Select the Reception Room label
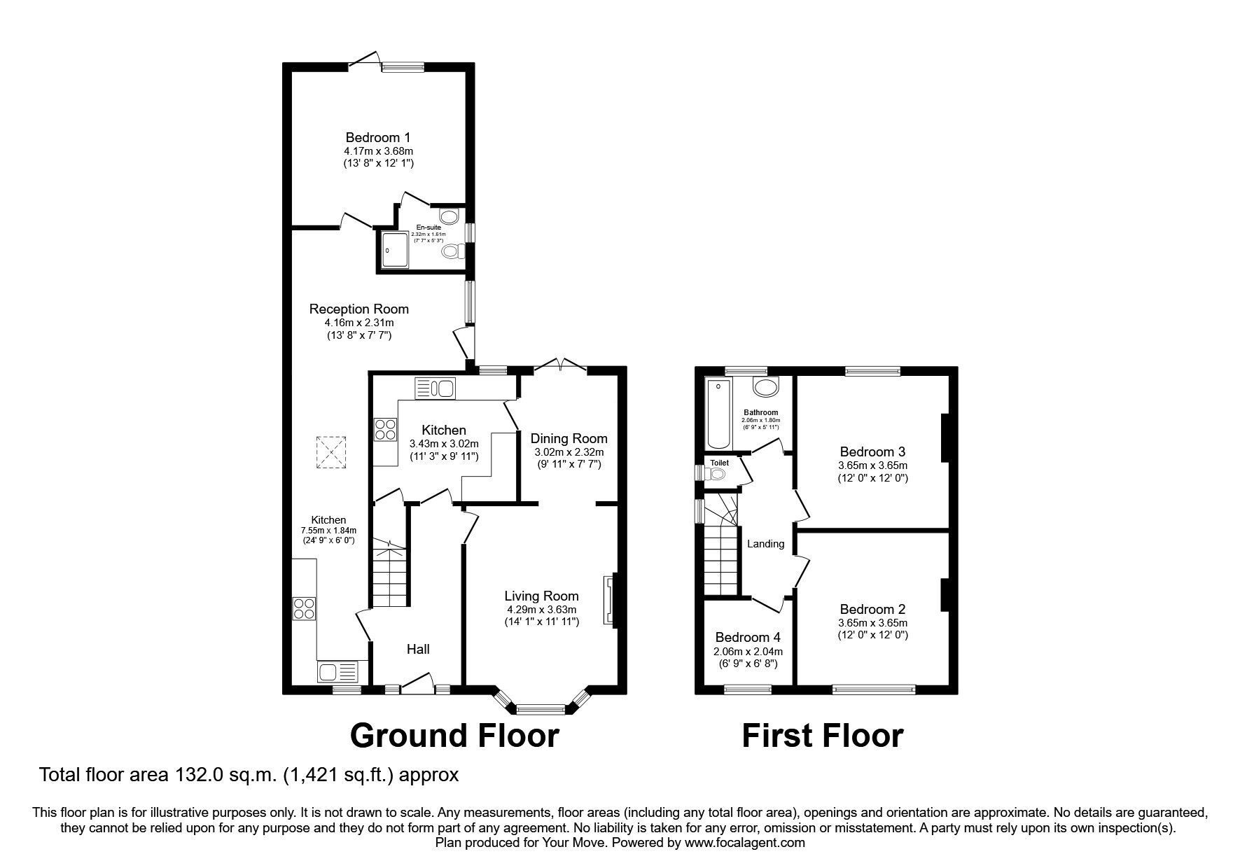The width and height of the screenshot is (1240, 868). coord(358,309)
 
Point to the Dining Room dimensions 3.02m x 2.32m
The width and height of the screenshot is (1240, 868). coord(568,452)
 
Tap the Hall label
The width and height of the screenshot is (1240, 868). coord(418,649)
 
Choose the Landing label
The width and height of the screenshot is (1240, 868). coord(765,543)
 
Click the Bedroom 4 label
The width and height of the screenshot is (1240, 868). coord(747,637)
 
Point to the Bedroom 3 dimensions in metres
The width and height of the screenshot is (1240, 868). coord(872,465)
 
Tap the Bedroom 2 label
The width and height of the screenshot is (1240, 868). coord(872,609)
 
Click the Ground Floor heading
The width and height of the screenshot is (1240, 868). coord(454,736)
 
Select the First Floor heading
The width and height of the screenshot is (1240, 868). coord(822,736)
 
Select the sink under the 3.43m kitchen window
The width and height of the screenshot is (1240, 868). coord(436,388)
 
